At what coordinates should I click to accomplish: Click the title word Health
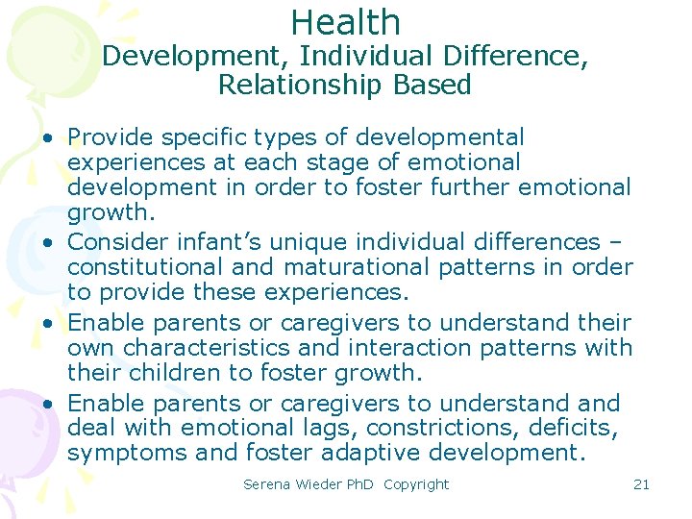tap(345, 21)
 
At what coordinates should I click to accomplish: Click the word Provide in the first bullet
tap(111, 137)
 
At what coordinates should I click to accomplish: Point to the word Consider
tap(118, 241)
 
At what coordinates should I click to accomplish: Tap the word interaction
tap(422, 347)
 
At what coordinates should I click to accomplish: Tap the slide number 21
tap(641, 484)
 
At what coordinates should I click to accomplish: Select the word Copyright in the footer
tap(415, 484)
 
